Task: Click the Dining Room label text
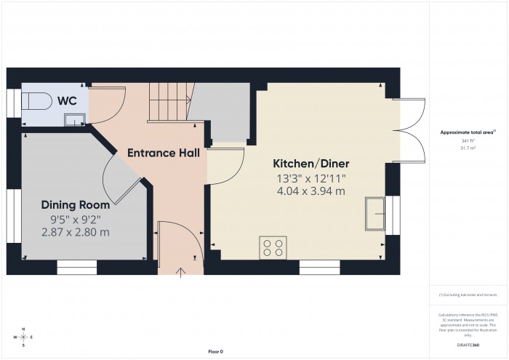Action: [x=75, y=204]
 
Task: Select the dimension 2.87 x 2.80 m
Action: [x=75, y=232]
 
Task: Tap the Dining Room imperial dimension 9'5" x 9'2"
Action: [x=76, y=218]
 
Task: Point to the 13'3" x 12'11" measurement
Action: [x=310, y=177]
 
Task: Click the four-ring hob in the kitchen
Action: [x=273, y=247]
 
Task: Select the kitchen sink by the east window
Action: [x=376, y=212]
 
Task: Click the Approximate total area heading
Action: [x=467, y=132]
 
